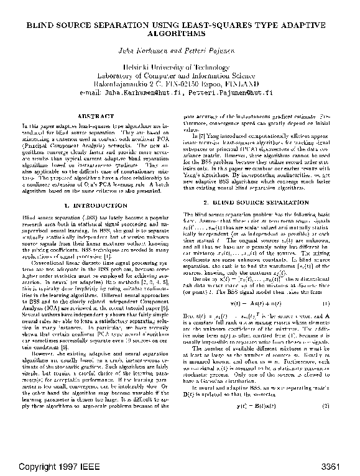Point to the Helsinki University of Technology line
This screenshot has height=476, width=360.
(180, 66)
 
